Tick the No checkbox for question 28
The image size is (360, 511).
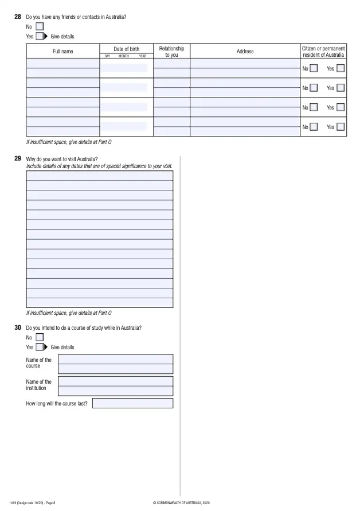[x=40, y=26]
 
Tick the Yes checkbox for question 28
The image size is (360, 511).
[x=40, y=36]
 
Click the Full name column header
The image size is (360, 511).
[x=63, y=52]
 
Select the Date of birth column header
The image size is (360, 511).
[x=126, y=49]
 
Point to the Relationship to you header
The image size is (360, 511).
[x=171, y=52]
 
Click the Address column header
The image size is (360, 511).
[x=245, y=52]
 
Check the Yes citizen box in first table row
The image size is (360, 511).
[x=341, y=69]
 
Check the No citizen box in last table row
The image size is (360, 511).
[x=314, y=127]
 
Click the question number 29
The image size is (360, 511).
[x=18, y=159]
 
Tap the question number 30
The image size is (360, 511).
[x=18, y=327]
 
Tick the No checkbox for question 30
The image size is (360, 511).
[x=40, y=337]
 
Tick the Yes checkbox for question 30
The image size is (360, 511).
[x=40, y=347]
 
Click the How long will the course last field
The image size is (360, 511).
[x=132, y=403]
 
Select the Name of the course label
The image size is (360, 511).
[x=39, y=363]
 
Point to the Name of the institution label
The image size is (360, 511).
[x=39, y=385]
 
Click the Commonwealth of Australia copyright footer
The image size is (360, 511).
[x=182, y=503]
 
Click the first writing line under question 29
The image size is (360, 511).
[x=99, y=175]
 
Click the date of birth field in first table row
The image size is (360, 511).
[x=124, y=68]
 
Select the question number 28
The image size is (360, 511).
[x=18, y=17]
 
